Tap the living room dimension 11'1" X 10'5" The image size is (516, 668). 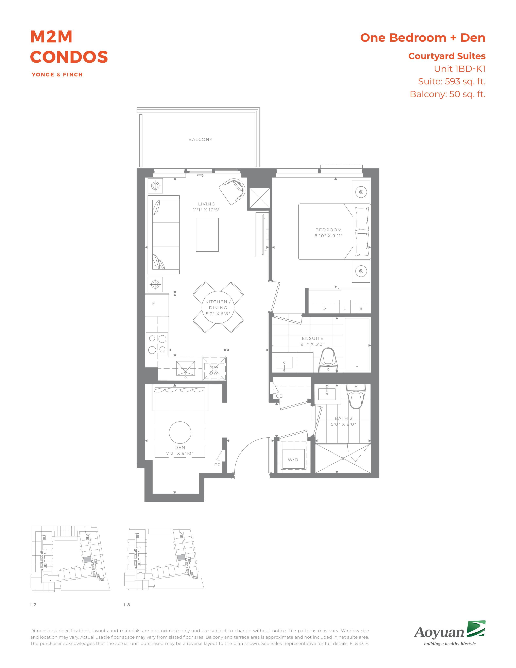(x=206, y=210)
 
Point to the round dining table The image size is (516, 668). (x=218, y=307)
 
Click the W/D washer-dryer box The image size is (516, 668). (x=293, y=460)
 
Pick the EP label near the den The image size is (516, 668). (x=217, y=465)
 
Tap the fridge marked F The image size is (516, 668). (x=157, y=305)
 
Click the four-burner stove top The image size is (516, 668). (x=157, y=344)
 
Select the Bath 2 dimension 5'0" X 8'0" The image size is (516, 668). (x=343, y=424)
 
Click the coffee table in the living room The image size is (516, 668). (x=207, y=235)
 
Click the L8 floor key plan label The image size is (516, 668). (x=127, y=605)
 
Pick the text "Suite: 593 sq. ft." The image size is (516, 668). (x=452, y=81)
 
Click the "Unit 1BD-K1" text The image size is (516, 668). (x=460, y=69)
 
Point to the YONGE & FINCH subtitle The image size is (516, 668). (x=57, y=75)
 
